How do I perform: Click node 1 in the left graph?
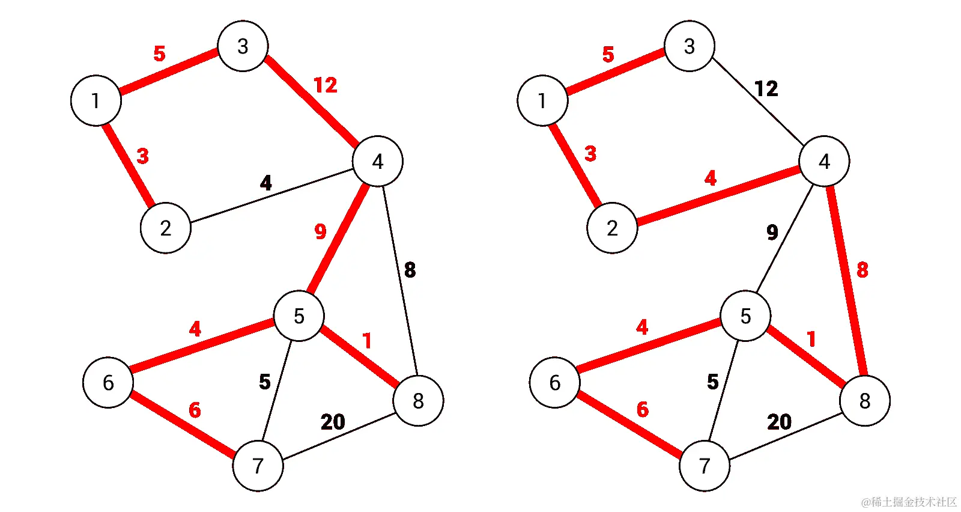click(96, 100)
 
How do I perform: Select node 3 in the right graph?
click(690, 46)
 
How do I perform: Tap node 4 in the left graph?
click(378, 161)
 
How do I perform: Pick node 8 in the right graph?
click(865, 401)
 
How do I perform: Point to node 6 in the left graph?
click(108, 382)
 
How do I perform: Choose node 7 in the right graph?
click(705, 466)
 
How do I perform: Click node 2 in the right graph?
click(612, 228)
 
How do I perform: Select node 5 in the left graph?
click(299, 316)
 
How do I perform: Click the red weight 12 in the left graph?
click(325, 85)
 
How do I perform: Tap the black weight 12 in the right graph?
click(766, 89)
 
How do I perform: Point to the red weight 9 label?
click(320, 231)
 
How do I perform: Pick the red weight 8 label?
click(862, 270)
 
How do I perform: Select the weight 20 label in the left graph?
click(333, 422)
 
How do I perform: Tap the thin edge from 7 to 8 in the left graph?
click(338, 437)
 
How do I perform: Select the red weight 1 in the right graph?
click(811, 339)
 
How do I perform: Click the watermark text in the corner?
click(908, 502)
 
